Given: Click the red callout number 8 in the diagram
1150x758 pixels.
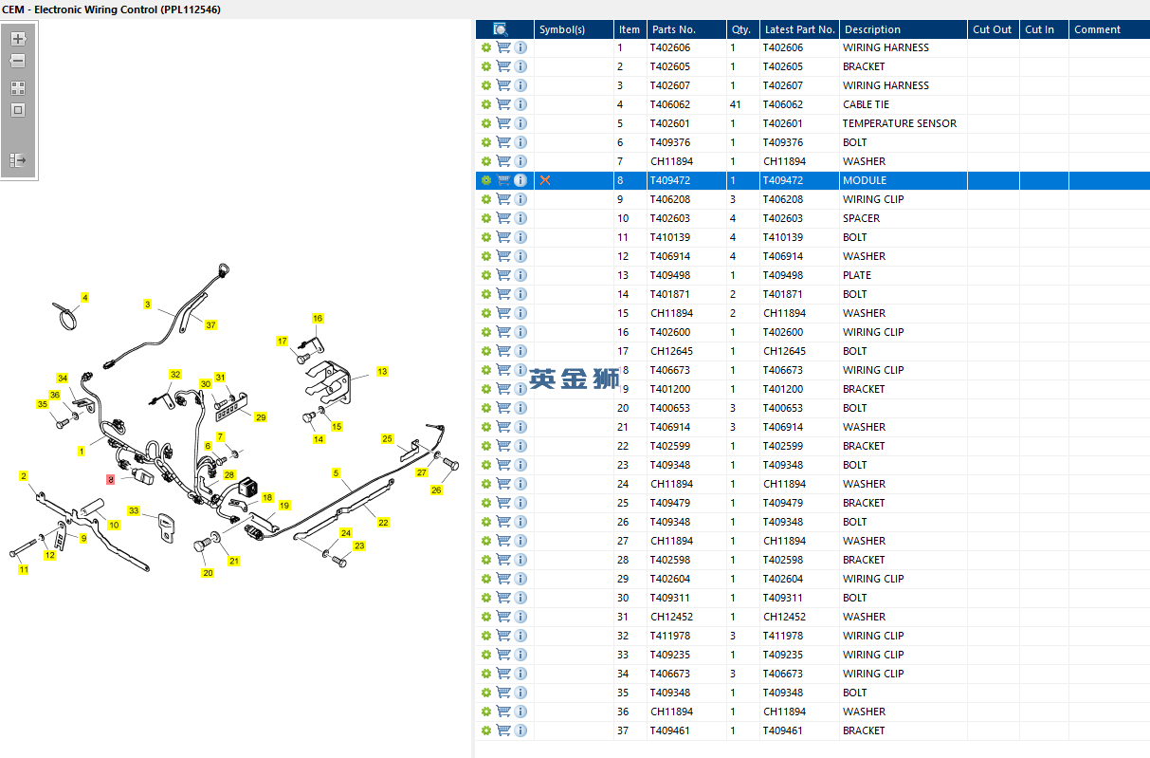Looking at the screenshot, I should pyautogui.click(x=111, y=480).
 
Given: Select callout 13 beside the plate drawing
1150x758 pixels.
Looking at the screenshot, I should pyautogui.click(x=382, y=372).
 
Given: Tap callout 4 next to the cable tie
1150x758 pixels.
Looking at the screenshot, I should pyautogui.click(x=84, y=298).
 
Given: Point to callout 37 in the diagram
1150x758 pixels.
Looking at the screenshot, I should pyautogui.click(x=210, y=325).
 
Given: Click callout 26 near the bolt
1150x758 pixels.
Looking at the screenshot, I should pyautogui.click(x=436, y=490).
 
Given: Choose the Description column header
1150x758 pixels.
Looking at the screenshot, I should pyautogui.click(x=872, y=29).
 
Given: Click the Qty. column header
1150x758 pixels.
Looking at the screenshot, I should pyautogui.click(x=739, y=29).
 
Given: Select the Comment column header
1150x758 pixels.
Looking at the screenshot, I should pyautogui.click(x=1097, y=29).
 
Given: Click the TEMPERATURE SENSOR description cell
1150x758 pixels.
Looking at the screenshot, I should pyautogui.click(x=899, y=123).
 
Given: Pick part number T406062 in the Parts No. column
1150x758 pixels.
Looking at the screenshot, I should pyautogui.click(x=670, y=104).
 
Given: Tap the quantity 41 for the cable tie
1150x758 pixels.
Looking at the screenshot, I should pyautogui.click(x=736, y=104).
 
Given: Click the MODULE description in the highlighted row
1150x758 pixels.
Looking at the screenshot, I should pyautogui.click(x=865, y=180).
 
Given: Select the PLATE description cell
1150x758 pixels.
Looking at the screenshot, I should pyautogui.click(x=857, y=275).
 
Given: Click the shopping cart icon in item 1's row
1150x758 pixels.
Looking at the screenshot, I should pyautogui.click(x=503, y=47).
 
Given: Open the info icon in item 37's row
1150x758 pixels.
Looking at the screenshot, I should pyautogui.click(x=520, y=730).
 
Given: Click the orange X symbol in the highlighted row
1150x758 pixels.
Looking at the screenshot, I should pyautogui.click(x=545, y=180).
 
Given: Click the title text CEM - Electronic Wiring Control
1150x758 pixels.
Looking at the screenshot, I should pyautogui.click(x=112, y=9).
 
